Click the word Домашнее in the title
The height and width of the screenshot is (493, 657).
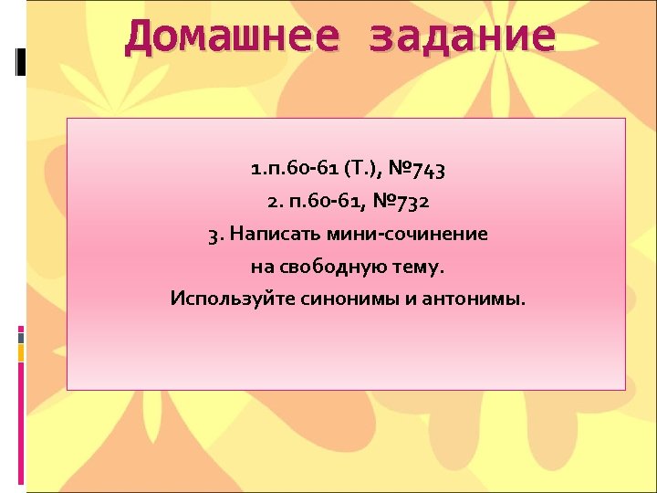(x=233, y=37)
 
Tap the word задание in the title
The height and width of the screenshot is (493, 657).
(x=462, y=37)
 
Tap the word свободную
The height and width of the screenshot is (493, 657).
(x=324, y=267)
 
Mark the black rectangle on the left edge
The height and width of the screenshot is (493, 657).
(x=21, y=60)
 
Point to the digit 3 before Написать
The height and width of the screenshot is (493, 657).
(x=213, y=235)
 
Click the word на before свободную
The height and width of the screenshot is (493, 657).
(x=261, y=267)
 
